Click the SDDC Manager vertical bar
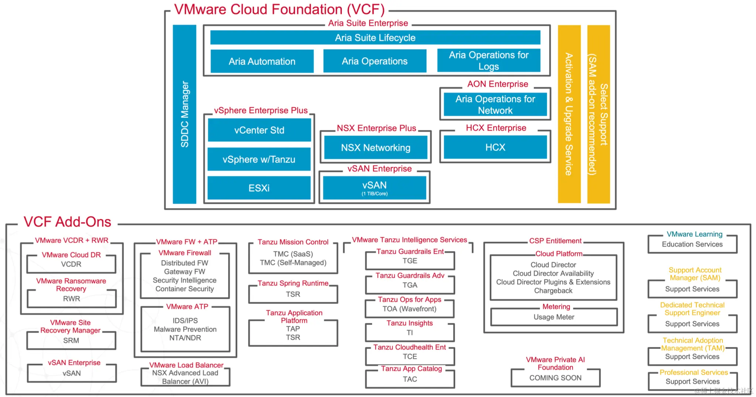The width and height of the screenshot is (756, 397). [184, 114]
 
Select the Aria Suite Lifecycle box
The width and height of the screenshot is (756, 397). [375, 38]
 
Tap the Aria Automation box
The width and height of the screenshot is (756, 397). [262, 61]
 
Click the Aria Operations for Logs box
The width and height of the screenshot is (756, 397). [488, 61]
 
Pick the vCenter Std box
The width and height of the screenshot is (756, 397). [259, 130]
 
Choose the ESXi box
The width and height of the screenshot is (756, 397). [259, 188]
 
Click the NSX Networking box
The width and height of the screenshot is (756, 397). [375, 148]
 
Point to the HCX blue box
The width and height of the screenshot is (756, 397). [495, 147]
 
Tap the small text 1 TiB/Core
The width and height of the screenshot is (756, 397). [374, 194]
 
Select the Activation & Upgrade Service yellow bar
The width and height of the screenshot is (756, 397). [569, 114]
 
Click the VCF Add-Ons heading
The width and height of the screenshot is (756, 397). [67, 222]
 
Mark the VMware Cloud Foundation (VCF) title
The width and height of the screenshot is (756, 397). [279, 9]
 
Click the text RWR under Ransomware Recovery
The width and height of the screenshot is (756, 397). [71, 298]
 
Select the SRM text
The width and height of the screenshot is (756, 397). [71, 340]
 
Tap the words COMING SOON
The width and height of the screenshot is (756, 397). [555, 378]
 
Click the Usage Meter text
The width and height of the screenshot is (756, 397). [554, 317]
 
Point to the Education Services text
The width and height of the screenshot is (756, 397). [692, 244]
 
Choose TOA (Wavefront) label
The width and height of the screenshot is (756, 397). [409, 309]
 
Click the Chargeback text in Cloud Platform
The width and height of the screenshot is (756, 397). [553, 291]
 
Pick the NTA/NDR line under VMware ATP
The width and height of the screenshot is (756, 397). [185, 338]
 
